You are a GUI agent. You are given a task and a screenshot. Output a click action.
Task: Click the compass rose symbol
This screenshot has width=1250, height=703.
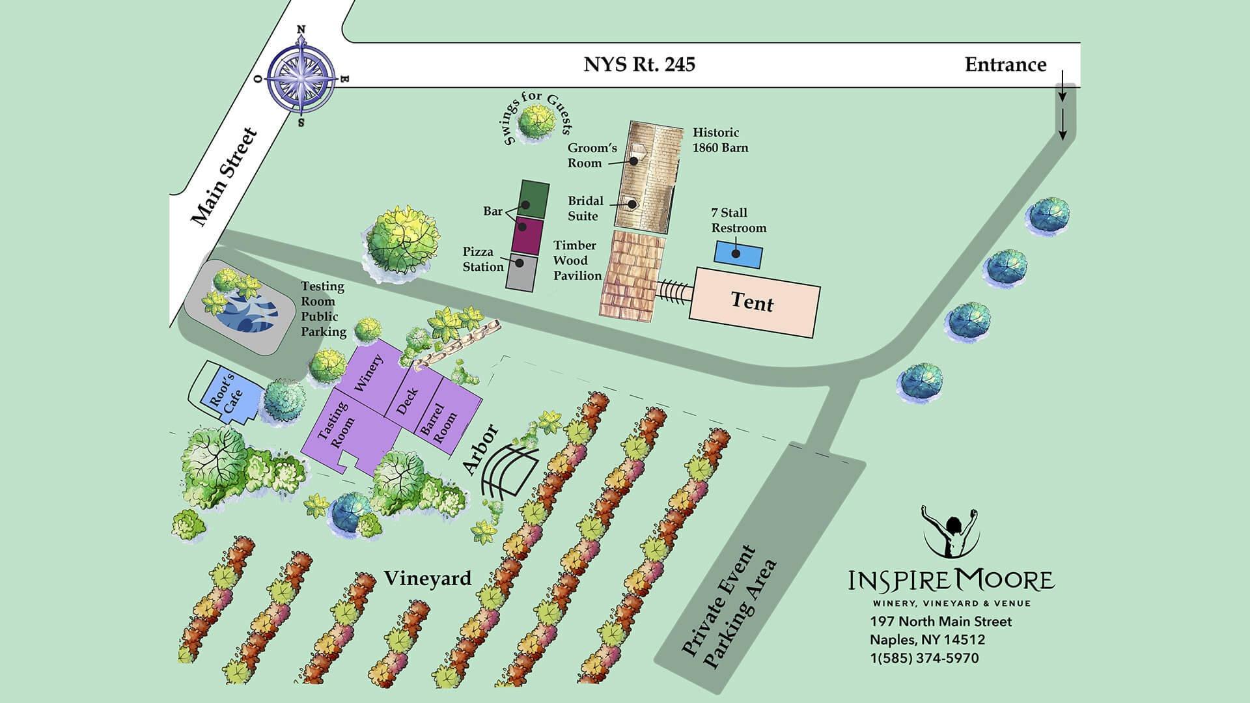coord(301,76)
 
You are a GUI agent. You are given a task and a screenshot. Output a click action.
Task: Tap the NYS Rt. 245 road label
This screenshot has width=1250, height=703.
coord(639,64)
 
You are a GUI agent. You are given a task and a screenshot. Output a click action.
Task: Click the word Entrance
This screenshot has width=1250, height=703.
coord(1005,65)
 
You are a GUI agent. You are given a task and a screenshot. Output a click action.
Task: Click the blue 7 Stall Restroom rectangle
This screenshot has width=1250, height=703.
coord(738,254)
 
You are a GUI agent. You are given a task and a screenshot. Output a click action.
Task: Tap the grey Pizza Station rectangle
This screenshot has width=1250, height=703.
coord(521,272)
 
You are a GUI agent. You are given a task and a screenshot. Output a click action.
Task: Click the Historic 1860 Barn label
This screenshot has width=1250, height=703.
coord(719,140)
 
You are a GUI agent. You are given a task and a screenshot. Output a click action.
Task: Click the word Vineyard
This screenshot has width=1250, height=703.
coord(427,578)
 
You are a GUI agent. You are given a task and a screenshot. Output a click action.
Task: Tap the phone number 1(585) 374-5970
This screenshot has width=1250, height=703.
coord(924,658)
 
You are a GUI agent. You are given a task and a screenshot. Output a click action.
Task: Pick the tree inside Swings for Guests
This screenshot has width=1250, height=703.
coord(536,120)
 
